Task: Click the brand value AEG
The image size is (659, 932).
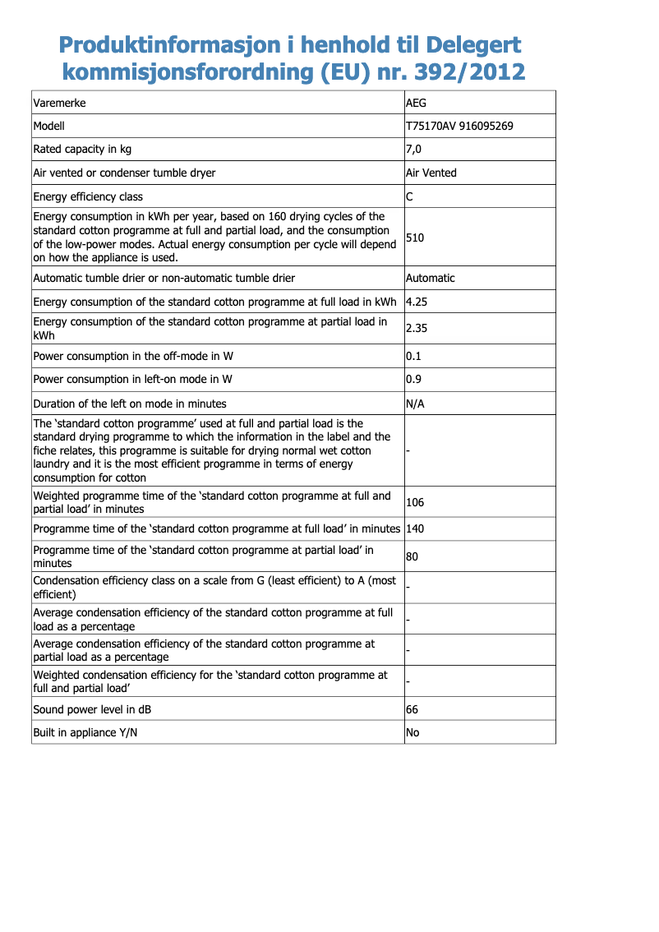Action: point(417,103)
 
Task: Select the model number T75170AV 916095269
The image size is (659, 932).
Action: point(460,127)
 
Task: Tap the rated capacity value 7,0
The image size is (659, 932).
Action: point(414,150)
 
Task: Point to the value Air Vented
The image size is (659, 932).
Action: point(431,173)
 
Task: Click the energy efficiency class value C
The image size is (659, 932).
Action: point(410,196)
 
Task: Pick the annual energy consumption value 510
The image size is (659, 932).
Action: point(415,238)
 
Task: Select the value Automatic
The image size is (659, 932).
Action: point(431,278)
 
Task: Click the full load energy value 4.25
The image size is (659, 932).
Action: point(417,302)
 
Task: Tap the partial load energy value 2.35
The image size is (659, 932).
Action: point(417,328)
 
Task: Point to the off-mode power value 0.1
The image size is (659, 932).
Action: point(413,357)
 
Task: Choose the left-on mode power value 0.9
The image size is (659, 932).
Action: point(413,380)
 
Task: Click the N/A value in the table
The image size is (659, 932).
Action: point(416,404)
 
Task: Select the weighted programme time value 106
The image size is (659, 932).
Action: point(415,502)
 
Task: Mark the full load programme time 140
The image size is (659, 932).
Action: point(415,528)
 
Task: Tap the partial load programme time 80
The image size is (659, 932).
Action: point(412,556)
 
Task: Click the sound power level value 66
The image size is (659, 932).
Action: point(412,709)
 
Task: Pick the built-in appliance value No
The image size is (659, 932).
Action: point(412,732)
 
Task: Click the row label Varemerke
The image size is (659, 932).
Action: point(59,103)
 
